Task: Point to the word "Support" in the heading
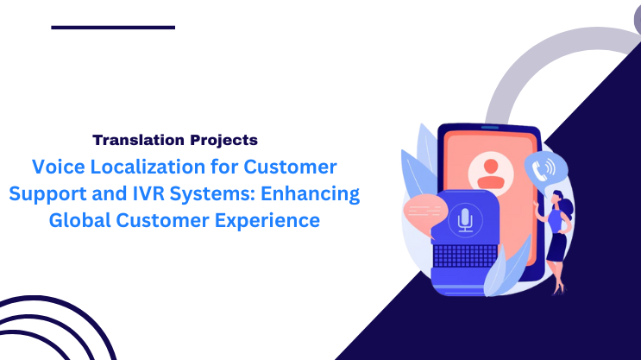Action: pos(43,193)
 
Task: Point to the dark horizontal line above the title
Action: pos(113,28)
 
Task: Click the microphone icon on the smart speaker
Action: pos(466,219)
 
